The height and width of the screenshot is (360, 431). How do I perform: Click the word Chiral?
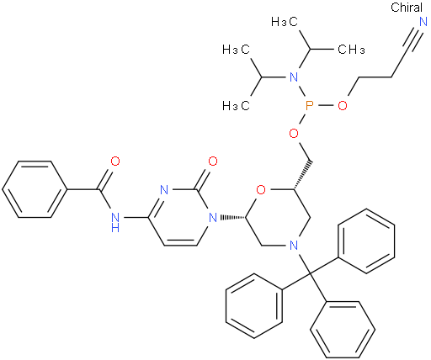point(407,8)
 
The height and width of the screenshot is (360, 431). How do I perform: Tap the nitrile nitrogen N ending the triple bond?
point(423,22)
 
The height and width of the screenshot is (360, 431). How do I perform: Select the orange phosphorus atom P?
point(309,106)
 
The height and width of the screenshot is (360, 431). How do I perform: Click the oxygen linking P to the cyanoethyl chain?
point(343,106)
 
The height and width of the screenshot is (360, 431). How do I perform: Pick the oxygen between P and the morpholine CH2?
point(294,134)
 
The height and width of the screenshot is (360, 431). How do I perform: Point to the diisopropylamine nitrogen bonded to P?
point(294,77)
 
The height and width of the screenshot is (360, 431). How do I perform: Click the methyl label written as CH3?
point(351,50)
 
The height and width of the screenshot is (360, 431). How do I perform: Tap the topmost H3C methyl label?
point(285,22)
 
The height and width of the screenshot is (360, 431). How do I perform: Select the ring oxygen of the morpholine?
point(261,190)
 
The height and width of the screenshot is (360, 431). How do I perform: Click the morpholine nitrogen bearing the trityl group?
point(294,246)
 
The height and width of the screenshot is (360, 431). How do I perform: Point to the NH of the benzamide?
point(115,221)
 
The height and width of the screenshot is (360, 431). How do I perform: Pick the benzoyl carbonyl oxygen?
point(115,161)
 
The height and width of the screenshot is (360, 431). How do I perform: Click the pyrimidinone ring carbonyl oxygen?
point(213,161)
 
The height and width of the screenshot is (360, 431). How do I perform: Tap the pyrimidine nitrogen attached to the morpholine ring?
point(213,218)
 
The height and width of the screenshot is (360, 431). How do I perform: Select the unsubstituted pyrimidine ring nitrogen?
point(164,190)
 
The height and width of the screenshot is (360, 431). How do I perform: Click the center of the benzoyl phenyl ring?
point(35,189)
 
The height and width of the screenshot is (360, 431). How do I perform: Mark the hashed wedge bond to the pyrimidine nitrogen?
point(232,218)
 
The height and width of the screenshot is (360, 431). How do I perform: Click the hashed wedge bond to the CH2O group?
point(302,175)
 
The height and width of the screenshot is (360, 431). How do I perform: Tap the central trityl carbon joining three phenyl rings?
point(310,273)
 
